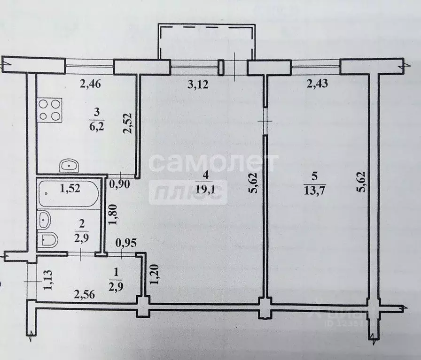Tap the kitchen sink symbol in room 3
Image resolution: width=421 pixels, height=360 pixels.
point(69,165)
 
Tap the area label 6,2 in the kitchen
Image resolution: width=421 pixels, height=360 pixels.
point(97,120)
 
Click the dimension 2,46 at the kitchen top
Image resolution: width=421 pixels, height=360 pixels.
point(90,85)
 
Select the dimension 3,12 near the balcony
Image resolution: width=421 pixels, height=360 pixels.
point(197,85)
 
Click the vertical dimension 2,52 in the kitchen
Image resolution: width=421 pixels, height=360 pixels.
point(127,123)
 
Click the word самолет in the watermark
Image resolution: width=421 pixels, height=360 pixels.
point(214,163)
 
